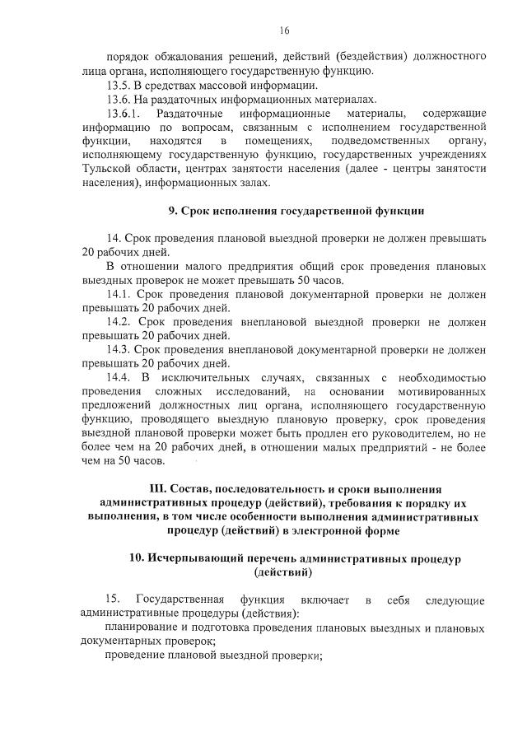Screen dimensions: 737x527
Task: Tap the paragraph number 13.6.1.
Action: [x=125, y=113]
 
